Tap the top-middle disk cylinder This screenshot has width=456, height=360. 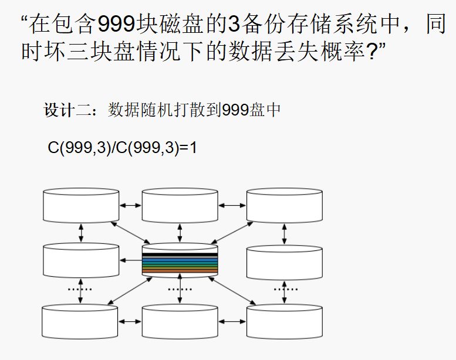[x=180, y=205]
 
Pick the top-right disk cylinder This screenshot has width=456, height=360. [x=284, y=205]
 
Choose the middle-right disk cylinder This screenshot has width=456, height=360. [x=284, y=261]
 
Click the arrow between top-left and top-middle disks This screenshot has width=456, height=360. [x=130, y=205]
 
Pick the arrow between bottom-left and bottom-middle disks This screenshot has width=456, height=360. [x=130, y=321]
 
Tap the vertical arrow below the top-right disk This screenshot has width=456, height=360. [x=284, y=233]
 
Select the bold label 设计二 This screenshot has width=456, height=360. [x=66, y=110]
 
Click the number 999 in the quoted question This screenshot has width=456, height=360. [x=116, y=25]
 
